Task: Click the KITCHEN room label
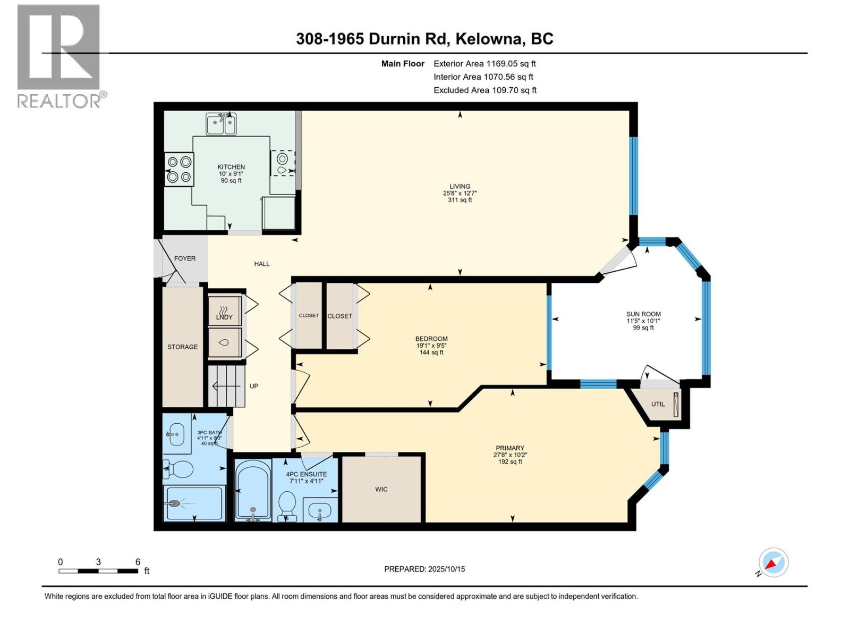coord(231,167)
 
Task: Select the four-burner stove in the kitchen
coord(179,169)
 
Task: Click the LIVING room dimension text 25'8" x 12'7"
coord(460,194)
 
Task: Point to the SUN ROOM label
coord(643,314)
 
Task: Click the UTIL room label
coord(658,404)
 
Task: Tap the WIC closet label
coord(381,489)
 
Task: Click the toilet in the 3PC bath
coord(180,469)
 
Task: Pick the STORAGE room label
coord(182,347)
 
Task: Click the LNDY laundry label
coord(224,317)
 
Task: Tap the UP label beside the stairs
coord(254,386)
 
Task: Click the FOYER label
coord(185,258)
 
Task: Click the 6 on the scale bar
coord(138,562)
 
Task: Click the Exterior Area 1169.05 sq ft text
coord(484,63)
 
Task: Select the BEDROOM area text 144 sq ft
coord(431,352)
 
